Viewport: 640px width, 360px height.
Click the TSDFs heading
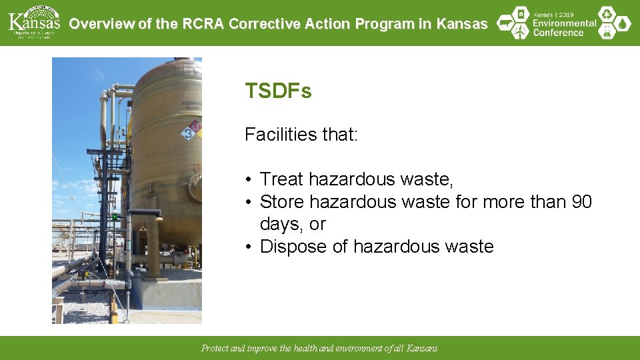point(278,91)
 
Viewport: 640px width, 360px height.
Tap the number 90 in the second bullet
point(581,202)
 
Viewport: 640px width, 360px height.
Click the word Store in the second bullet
point(281,202)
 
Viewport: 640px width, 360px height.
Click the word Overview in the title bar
point(101,24)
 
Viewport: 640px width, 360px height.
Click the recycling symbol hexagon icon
point(606,14)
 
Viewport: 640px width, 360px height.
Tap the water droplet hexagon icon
point(623,24)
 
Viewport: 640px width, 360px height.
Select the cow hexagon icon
point(505,23)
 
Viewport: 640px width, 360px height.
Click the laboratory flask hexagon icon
point(607,32)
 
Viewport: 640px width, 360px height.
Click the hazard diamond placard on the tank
point(191,130)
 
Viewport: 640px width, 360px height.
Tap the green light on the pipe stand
point(115,217)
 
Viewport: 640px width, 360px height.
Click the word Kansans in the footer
point(422,349)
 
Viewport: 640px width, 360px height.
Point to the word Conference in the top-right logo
point(558,32)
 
